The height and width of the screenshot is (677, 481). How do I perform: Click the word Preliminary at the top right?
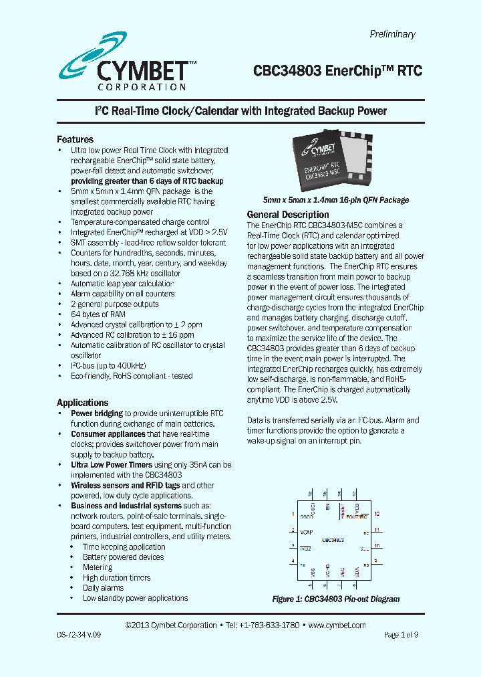click(392, 34)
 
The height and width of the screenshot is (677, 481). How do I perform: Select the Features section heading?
click(75, 139)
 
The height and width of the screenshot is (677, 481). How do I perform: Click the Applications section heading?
click(82, 403)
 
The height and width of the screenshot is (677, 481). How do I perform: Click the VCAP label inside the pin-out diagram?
click(307, 532)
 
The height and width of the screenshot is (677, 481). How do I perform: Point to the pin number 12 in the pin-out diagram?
click(377, 514)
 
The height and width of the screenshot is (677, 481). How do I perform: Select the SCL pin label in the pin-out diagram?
click(364, 548)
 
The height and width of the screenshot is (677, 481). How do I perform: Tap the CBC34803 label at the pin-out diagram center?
click(333, 539)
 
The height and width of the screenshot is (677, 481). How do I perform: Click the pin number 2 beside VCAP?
click(293, 530)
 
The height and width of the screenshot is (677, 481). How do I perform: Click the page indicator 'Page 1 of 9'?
click(401, 635)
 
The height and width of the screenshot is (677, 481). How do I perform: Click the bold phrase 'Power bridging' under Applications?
click(97, 413)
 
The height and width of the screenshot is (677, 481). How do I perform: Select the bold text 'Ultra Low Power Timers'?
click(112, 464)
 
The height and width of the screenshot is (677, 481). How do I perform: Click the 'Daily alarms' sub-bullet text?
click(103, 588)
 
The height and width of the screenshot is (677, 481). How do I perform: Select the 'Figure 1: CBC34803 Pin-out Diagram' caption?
click(335, 599)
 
